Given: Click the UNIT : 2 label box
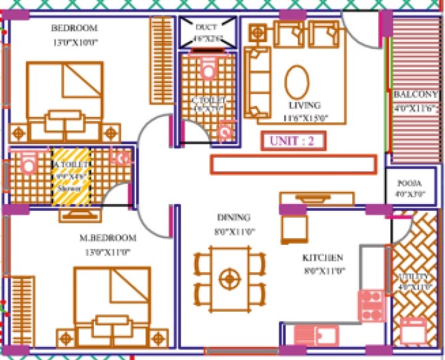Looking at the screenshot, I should (292, 140).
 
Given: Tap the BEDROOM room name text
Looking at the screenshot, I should (75, 28).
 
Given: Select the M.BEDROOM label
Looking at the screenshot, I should (108, 238).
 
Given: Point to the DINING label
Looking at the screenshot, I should (233, 218).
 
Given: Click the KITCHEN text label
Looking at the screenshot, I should (323, 257).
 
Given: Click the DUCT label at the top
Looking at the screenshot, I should (206, 28).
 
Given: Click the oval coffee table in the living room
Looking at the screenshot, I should (297, 82).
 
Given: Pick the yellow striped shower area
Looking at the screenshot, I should (71, 177).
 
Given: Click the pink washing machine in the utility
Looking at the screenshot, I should (412, 332).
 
